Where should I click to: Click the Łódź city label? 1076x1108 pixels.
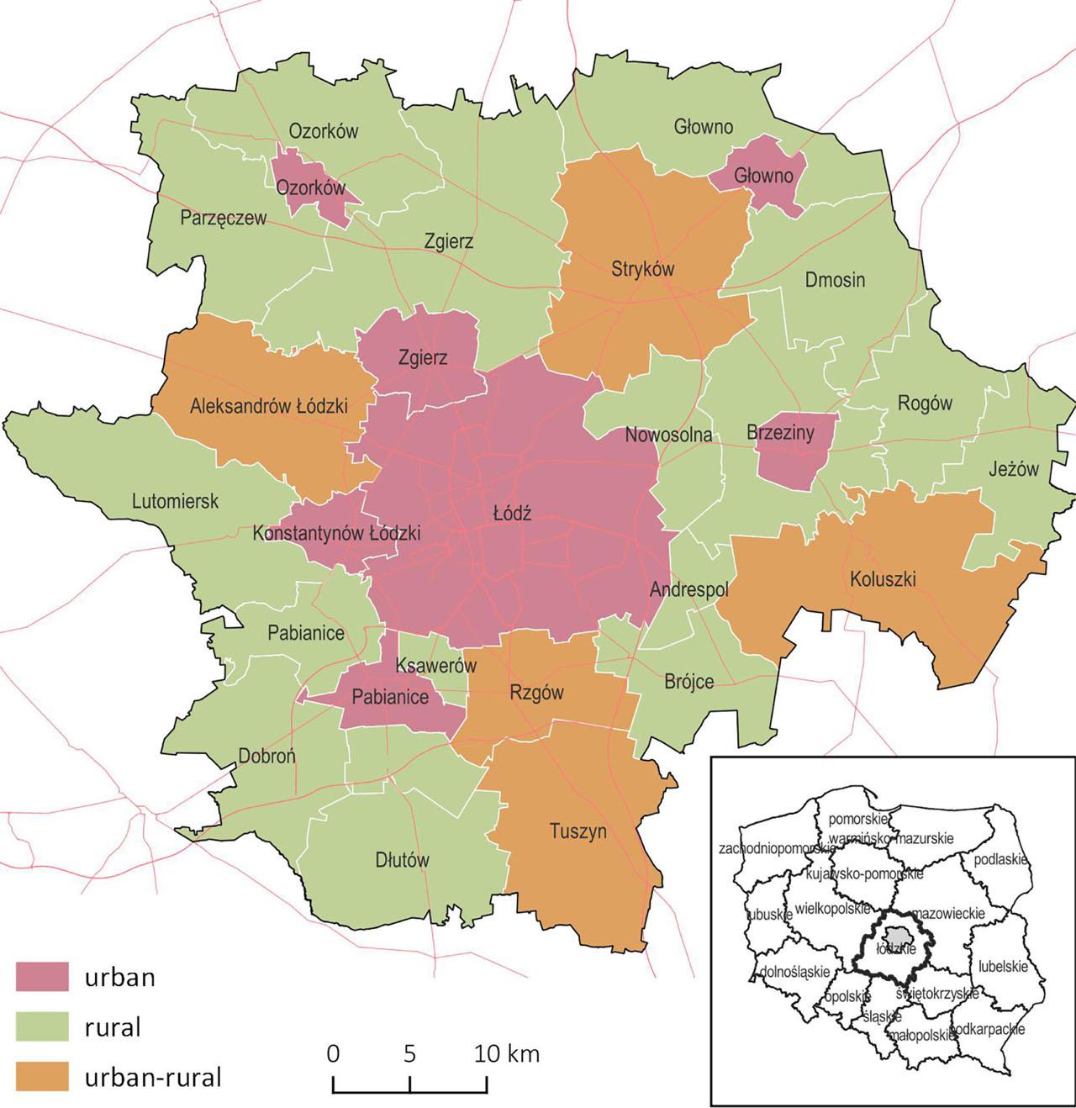511,514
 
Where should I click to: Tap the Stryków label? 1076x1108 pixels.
642,269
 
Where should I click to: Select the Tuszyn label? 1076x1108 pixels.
578,831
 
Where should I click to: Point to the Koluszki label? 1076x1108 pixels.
882,579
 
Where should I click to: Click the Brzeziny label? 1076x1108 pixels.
780,433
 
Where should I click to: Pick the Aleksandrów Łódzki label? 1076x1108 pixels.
268,407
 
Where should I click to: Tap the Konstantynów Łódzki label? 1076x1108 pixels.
336,534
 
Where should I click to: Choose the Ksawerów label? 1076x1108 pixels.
435,666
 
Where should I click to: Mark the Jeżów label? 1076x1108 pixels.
1013,470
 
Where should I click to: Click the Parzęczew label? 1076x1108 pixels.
224,219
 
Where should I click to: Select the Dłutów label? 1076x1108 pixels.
402,860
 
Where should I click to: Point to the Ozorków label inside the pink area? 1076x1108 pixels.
310,188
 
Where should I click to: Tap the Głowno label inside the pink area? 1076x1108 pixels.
763,177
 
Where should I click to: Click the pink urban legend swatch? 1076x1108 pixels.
42,976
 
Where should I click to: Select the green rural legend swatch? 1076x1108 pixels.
42,1026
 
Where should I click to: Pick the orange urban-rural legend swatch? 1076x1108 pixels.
42,1077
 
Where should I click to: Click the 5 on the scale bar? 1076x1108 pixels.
409,1054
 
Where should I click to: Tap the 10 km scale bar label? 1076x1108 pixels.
506,1054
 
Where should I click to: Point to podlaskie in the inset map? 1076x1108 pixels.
1000,860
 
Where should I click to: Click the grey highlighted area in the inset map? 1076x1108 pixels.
898,936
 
